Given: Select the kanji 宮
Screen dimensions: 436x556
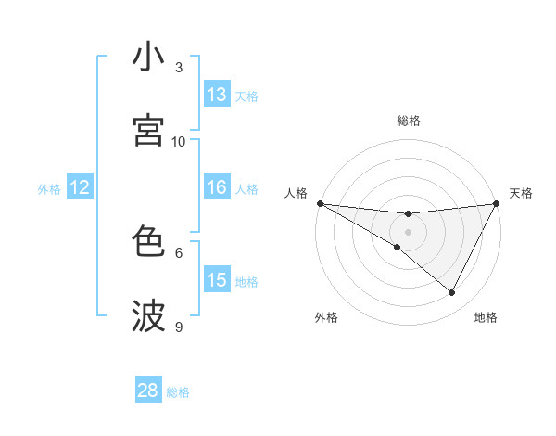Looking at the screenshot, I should (x=148, y=130).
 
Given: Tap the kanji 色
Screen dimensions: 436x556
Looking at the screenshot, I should (x=148, y=242).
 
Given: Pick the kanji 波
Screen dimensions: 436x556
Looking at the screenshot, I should (x=148, y=315).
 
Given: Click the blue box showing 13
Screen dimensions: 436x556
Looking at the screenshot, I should (x=217, y=95).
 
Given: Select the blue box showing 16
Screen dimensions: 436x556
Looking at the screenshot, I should (x=217, y=187).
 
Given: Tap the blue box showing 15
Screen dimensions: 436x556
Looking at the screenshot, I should (x=217, y=280).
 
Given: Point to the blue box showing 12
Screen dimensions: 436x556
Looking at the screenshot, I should (x=80, y=187).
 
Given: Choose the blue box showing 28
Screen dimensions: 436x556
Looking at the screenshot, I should (x=148, y=391).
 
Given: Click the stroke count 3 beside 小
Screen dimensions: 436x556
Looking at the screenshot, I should (x=179, y=68).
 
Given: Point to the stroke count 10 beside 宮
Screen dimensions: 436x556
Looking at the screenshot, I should (x=179, y=141).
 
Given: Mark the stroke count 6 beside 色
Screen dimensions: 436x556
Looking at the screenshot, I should (x=179, y=252).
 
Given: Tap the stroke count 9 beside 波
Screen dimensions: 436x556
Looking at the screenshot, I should (x=179, y=327).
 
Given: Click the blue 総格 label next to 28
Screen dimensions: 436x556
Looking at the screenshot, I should (x=178, y=392).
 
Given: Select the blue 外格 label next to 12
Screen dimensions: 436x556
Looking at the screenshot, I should (x=49, y=189).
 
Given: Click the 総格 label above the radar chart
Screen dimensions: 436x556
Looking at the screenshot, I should (x=409, y=121).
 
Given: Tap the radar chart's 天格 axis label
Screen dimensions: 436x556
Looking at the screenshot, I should (x=521, y=193).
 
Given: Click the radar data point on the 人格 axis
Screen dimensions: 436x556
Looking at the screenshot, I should (x=320, y=203).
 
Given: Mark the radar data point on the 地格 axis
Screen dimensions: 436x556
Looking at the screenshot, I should (x=452, y=293).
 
